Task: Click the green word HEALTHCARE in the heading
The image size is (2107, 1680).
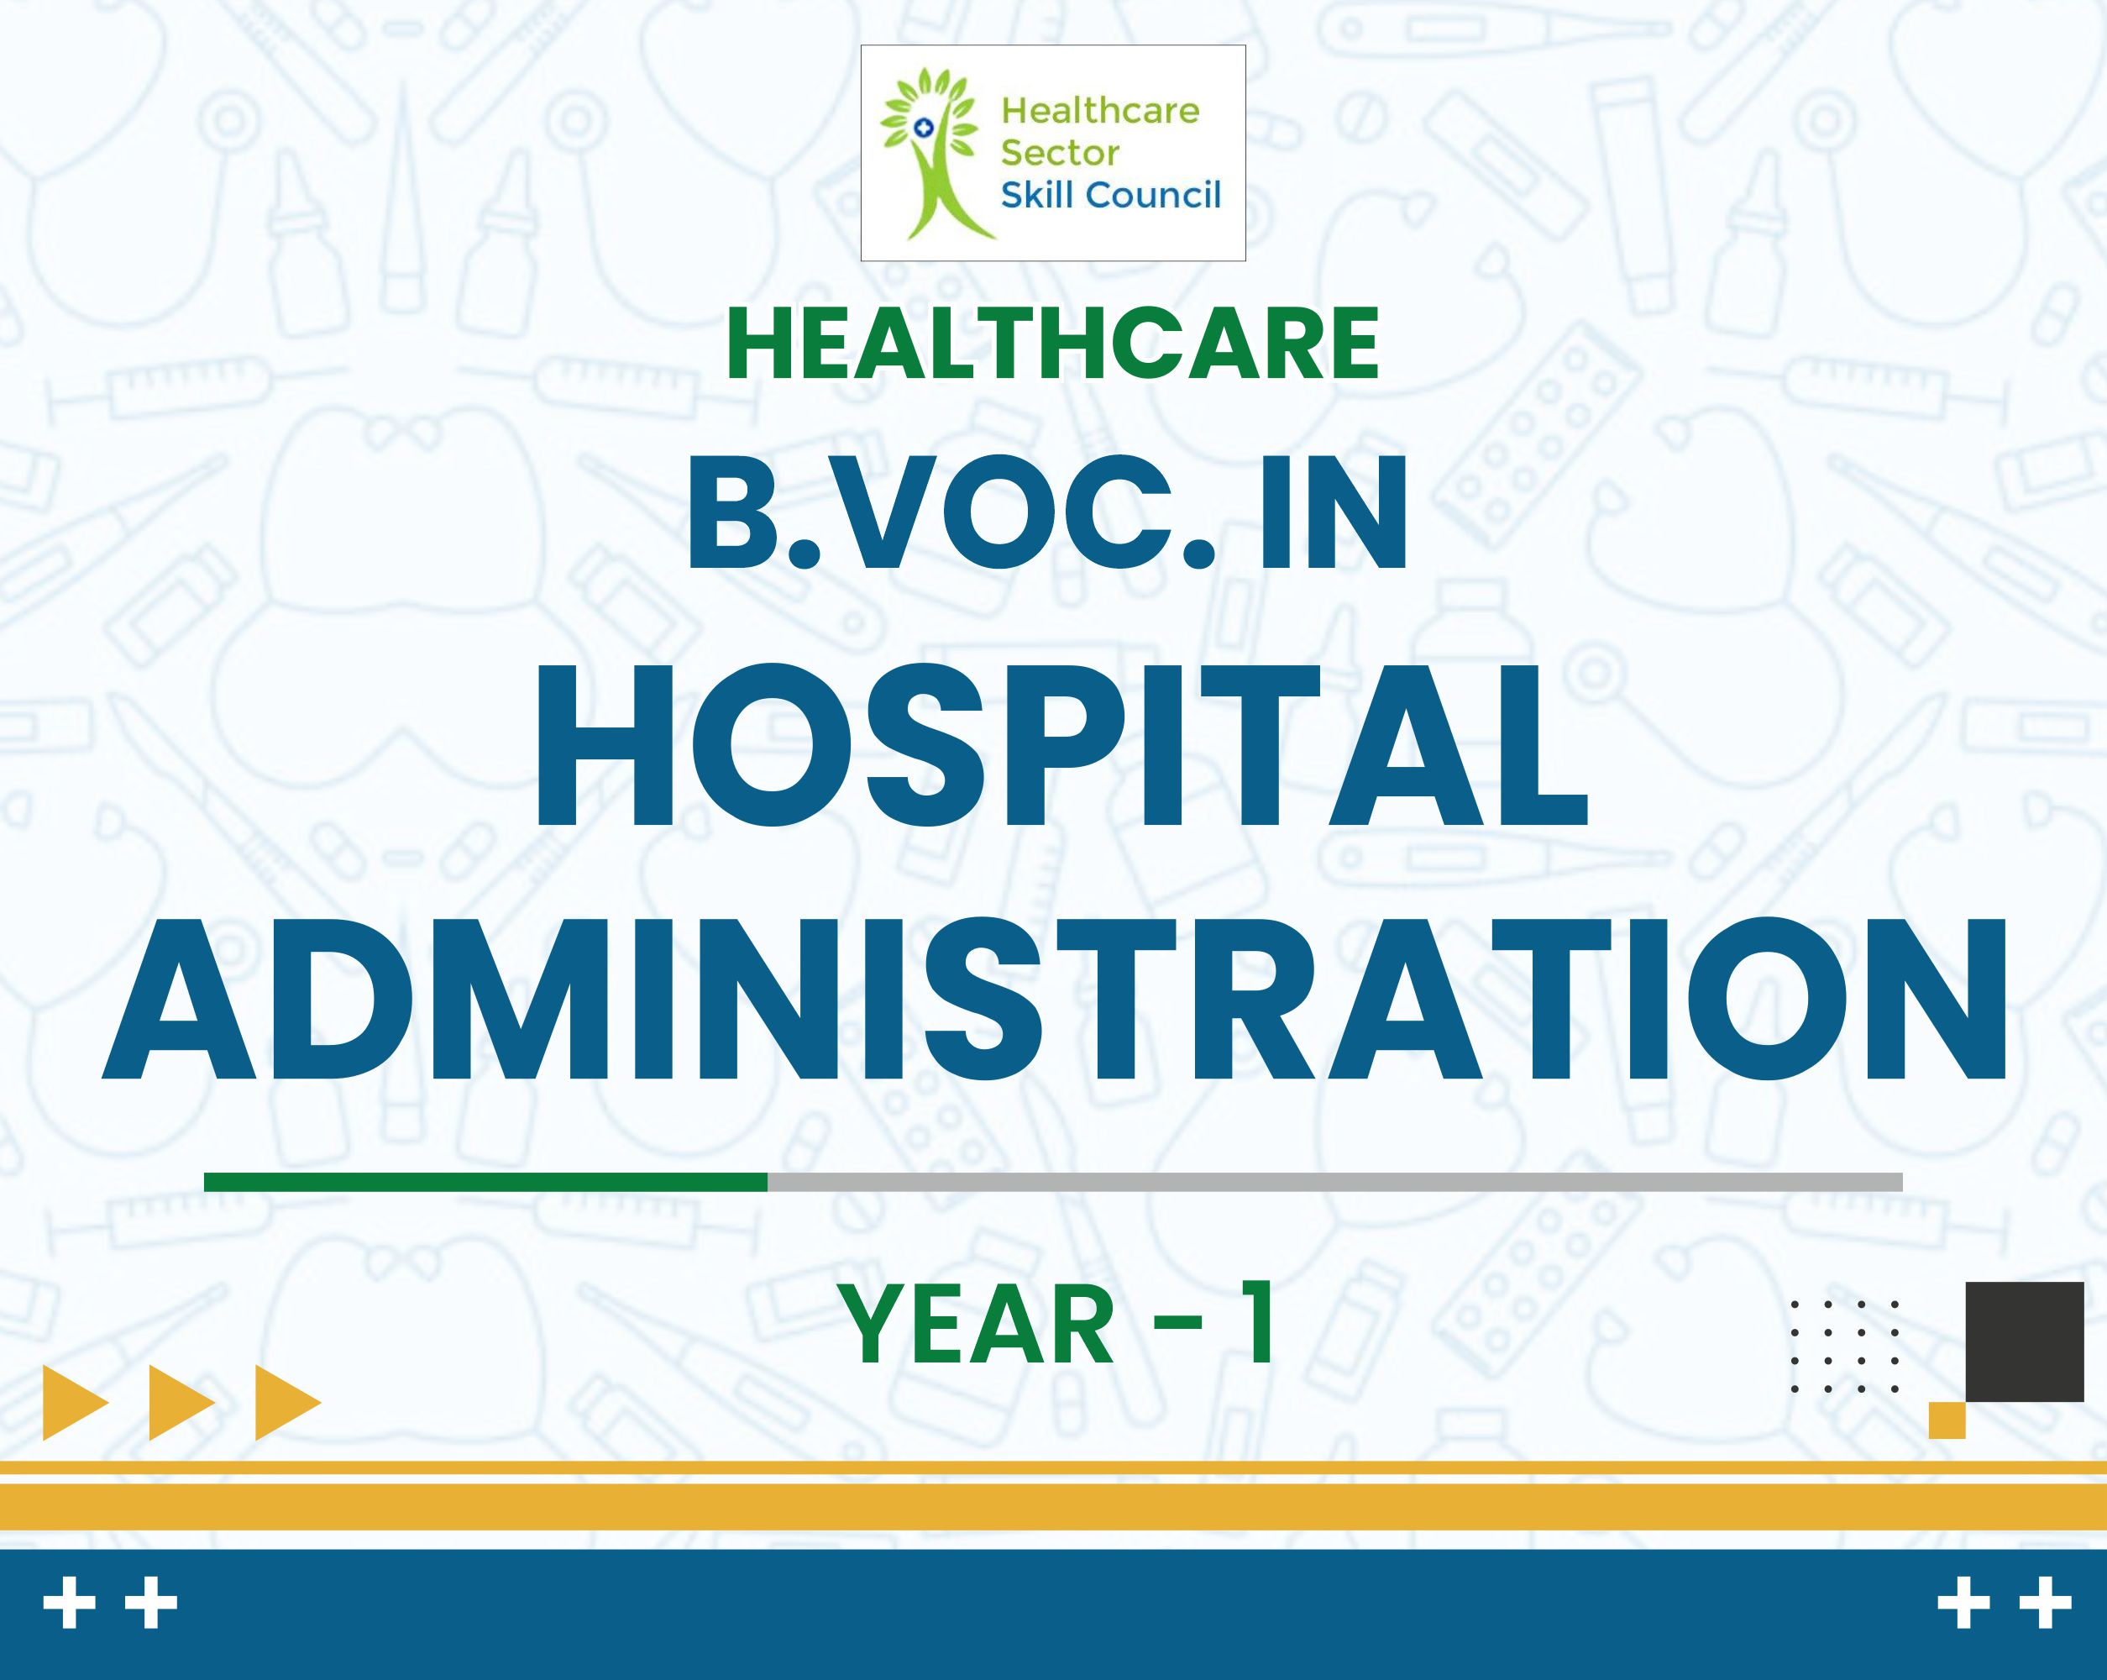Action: [1052, 344]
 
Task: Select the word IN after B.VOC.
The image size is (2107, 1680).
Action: [1333, 513]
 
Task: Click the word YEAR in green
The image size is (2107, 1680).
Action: [978, 1326]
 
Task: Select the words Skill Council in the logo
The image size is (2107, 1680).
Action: [1111, 196]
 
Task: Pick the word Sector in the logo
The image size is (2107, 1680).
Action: [1061, 154]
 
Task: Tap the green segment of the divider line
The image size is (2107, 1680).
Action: [485, 1182]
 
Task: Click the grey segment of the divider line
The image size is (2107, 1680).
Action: [1335, 1182]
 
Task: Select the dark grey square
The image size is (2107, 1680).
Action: [2025, 1341]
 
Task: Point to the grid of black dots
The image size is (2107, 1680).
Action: [1845, 1346]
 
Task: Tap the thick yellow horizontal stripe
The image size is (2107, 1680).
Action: [1053, 1507]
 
